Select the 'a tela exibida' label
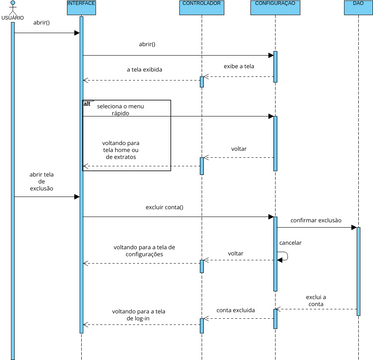coord(146,70)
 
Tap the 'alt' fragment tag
coord(87,102)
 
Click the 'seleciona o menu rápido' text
coord(126,110)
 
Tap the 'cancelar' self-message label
coord(291,242)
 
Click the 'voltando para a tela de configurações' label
coord(144,250)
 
